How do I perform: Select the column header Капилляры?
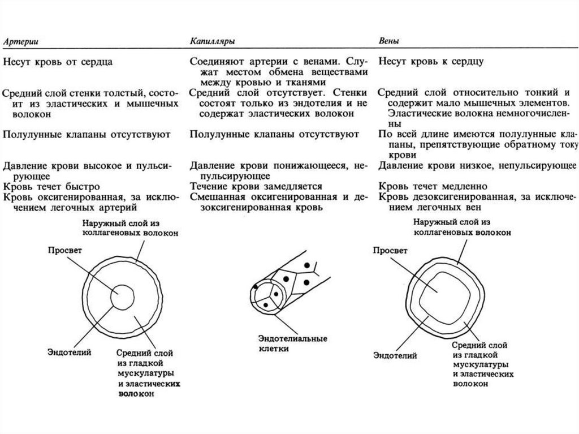[x=213, y=42]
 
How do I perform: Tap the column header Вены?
[x=390, y=42]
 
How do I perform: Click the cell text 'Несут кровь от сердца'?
[x=58, y=62]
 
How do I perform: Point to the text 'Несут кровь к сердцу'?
[x=431, y=61]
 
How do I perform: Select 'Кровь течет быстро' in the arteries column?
[x=52, y=186]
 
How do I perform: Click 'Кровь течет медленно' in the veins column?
[x=433, y=186]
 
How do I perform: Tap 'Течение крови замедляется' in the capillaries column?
[x=256, y=186]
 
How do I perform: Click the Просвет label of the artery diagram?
[x=64, y=250]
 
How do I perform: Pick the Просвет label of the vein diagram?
[x=388, y=250]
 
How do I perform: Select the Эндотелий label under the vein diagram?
[x=395, y=355]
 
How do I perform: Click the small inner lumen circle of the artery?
[x=121, y=297]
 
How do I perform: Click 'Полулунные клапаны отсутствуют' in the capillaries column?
[x=274, y=135]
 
